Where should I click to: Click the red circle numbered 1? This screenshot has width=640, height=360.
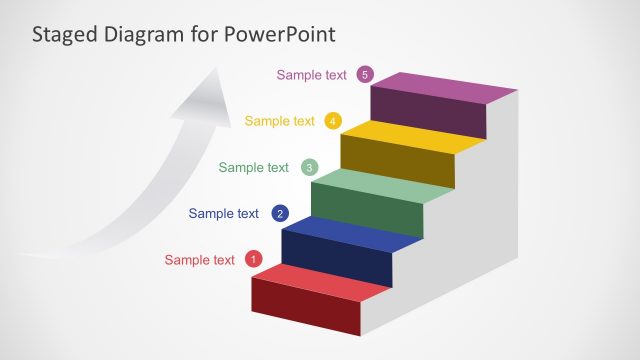[253, 260]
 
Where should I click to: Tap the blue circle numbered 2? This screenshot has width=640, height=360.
[280, 213]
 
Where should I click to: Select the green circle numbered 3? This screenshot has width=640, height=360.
[310, 167]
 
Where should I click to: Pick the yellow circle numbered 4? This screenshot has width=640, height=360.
[333, 121]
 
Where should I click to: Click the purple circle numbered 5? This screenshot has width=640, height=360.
[365, 74]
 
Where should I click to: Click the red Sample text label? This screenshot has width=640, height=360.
[200, 260]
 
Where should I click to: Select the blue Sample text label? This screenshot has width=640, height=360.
[223, 213]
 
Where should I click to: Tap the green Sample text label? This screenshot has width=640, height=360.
[253, 167]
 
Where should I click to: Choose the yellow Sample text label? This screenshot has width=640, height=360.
[279, 121]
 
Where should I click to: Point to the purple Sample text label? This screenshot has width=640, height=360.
[311, 74]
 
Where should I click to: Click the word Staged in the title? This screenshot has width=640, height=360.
[63, 35]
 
